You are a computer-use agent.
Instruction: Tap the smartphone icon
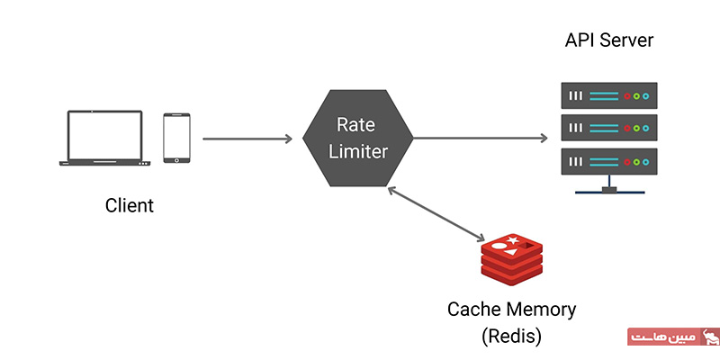[175, 138]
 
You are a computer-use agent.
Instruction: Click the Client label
[130, 205]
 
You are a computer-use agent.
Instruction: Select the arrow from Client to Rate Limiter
[247, 139]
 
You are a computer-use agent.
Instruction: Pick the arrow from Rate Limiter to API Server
[481, 139]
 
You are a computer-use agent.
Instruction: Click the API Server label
[609, 41]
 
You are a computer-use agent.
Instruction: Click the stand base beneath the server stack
[609, 192]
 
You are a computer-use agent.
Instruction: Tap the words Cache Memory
[511, 310]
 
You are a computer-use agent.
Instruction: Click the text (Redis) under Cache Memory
[511, 337]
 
